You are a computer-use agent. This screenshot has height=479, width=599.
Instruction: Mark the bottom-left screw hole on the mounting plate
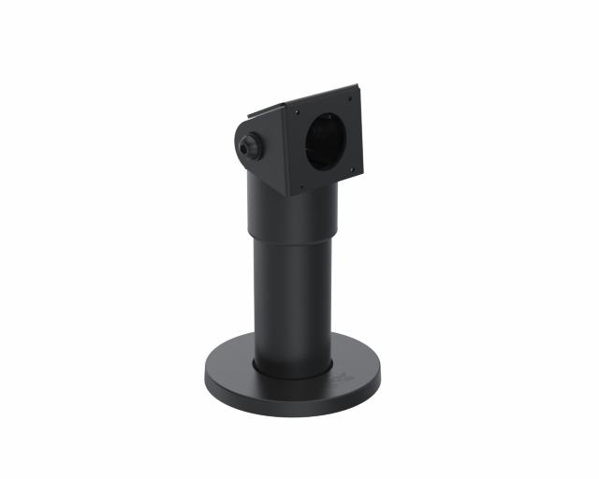[304, 189]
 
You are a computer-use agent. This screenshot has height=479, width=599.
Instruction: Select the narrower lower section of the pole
[292, 299]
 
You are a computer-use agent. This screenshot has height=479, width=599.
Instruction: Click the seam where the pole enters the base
[292, 371]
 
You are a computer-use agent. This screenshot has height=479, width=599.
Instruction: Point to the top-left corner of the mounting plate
[285, 106]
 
